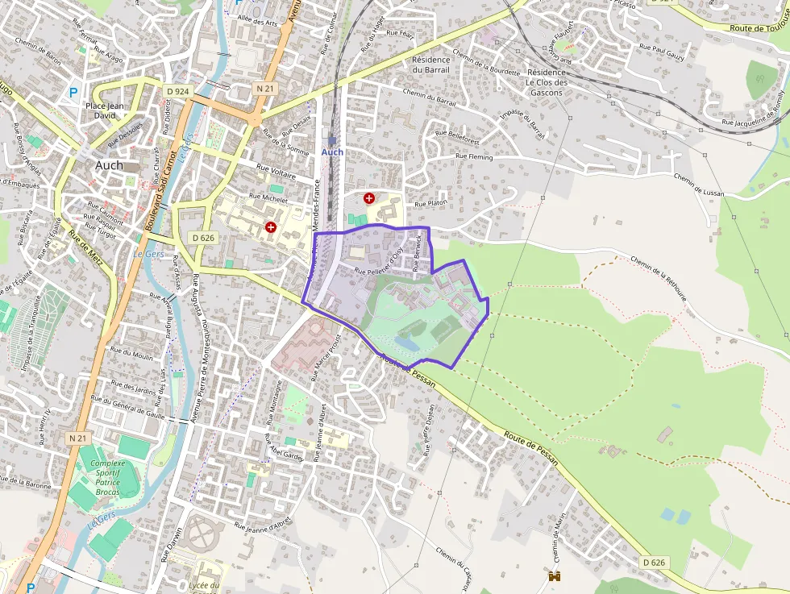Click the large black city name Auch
click(109, 165)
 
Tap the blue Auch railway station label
click(332, 152)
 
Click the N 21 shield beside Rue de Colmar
click(264, 87)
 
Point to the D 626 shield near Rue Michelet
click(203, 238)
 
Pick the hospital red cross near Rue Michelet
click(270, 227)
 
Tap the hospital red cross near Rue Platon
click(369, 197)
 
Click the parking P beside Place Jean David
click(73, 93)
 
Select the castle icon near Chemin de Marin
click(555, 575)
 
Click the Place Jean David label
click(106, 110)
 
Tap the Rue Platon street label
click(430, 204)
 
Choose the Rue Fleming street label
click(475, 156)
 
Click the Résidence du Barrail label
click(430, 64)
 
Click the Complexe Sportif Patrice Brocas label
click(107, 477)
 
